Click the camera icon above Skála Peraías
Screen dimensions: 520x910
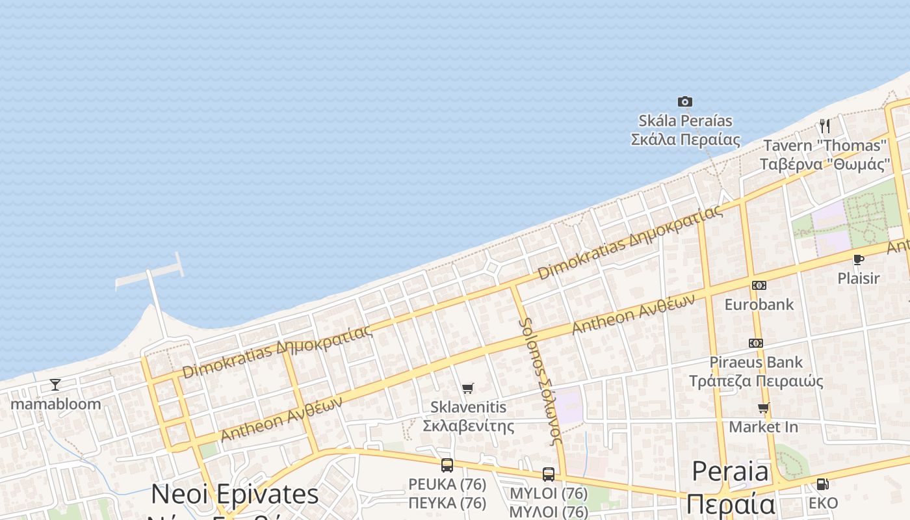pos(684,101)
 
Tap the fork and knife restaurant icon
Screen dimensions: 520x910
pos(824,125)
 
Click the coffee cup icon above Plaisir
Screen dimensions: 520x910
pos(858,260)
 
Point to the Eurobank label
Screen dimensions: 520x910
pos(759,304)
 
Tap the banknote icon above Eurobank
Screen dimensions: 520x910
pos(759,285)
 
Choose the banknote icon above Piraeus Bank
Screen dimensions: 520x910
pos(755,343)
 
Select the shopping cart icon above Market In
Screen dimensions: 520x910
pos(763,408)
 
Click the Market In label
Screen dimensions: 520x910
pos(763,427)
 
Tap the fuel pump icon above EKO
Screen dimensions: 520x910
pos(822,484)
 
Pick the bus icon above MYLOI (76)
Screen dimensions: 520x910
pos(549,474)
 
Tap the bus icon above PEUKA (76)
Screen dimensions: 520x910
pos(447,465)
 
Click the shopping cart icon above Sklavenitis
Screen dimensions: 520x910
pos(467,389)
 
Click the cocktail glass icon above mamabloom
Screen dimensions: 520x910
pos(55,385)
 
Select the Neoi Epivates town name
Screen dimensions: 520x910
pos(235,495)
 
